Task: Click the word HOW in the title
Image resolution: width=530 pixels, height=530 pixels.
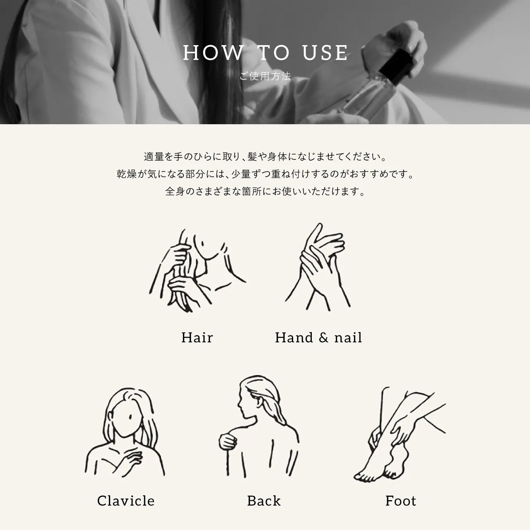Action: click(213, 53)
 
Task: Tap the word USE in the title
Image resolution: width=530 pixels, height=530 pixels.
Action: click(325, 53)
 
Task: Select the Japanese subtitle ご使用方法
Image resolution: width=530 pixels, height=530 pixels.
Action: click(265, 76)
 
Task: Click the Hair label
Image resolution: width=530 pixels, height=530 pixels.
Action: click(197, 337)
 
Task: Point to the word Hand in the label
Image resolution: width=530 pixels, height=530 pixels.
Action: click(294, 337)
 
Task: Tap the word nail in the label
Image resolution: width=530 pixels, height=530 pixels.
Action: click(348, 337)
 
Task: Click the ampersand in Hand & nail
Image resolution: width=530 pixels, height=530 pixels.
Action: click(323, 337)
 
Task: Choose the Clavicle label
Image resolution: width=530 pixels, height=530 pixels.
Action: click(126, 501)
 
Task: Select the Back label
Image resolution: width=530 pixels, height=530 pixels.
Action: click(264, 501)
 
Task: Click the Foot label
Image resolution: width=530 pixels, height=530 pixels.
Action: click(401, 501)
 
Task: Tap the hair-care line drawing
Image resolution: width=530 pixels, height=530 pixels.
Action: click(198, 271)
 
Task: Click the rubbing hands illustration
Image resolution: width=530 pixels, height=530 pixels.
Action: click(318, 267)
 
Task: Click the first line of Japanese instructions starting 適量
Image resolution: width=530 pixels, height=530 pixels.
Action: click(265, 157)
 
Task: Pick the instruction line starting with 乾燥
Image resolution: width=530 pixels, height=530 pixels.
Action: click(265, 174)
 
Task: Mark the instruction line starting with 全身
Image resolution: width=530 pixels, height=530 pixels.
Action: click(265, 191)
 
